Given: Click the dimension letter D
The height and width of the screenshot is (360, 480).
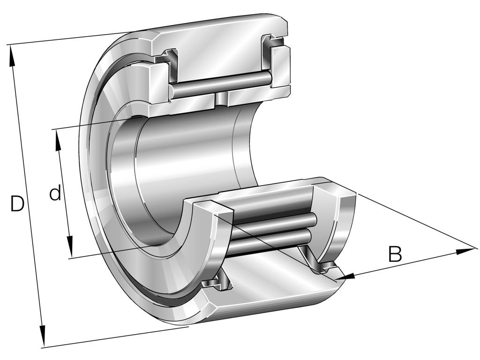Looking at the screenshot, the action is [17, 203].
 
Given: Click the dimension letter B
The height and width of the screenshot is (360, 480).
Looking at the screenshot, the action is [395, 254].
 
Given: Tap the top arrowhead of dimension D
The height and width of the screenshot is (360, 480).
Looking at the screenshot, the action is [13, 55].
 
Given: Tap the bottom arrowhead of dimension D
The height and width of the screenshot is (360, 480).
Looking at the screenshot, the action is [42, 336].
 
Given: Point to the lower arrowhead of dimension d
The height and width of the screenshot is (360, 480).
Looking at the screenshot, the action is [70, 247].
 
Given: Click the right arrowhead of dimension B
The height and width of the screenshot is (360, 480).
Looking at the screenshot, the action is [466, 251].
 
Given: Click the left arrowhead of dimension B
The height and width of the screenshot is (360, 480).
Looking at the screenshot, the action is [345, 277].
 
